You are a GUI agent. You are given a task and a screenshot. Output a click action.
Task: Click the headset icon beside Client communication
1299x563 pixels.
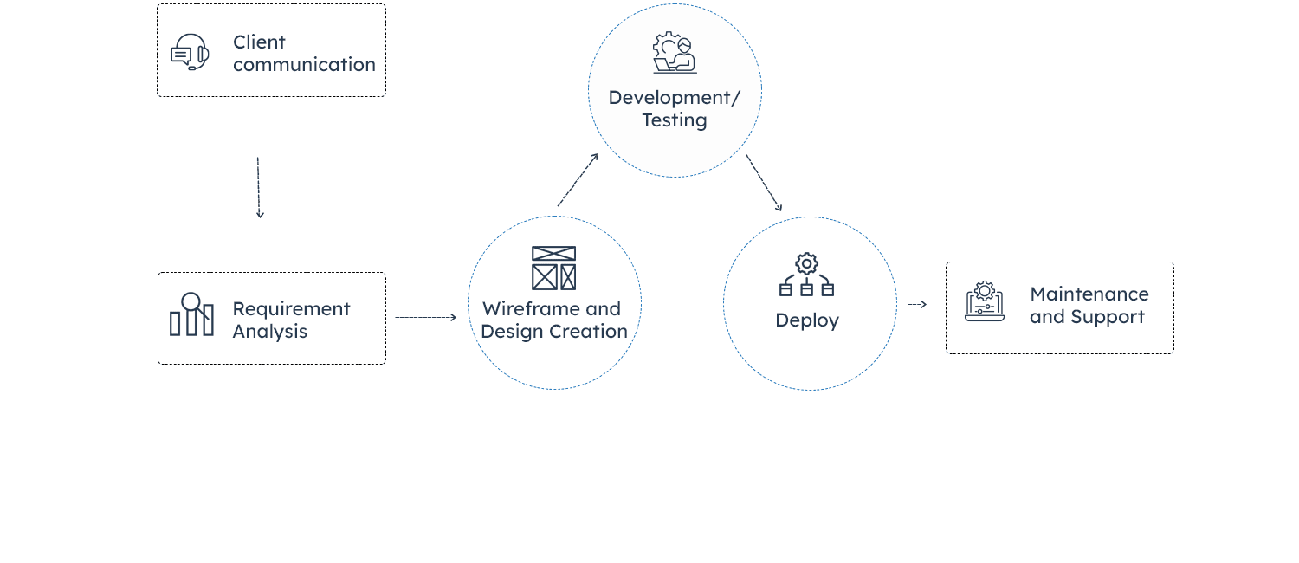(x=190, y=52)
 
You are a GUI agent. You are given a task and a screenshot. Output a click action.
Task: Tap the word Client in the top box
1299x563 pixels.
(x=259, y=42)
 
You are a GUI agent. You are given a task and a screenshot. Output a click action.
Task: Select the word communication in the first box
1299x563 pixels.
(x=304, y=64)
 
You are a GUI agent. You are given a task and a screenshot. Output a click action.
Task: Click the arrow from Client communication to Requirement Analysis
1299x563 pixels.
(x=259, y=187)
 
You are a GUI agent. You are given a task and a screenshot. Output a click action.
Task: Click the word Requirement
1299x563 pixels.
(x=291, y=309)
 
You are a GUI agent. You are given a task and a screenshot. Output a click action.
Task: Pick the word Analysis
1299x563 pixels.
(x=269, y=332)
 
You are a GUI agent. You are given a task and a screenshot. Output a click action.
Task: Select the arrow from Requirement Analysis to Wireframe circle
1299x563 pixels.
(x=425, y=317)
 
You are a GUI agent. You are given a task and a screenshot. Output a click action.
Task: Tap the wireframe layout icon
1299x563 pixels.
(x=553, y=268)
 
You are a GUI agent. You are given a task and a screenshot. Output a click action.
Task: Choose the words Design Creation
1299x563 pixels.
(x=554, y=332)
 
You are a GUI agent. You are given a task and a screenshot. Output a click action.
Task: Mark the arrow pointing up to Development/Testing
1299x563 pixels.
(x=578, y=180)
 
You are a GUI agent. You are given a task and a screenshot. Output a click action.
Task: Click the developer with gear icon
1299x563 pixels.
(x=675, y=53)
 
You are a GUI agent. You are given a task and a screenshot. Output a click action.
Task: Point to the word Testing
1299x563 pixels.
(x=675, y=120)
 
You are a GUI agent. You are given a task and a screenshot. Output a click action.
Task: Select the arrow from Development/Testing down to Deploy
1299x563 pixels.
(x=764, y=183)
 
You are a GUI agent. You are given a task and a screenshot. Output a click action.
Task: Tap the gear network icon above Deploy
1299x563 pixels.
(x=806, y=275)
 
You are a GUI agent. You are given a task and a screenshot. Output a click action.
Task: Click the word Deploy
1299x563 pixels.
(x=807, y=320)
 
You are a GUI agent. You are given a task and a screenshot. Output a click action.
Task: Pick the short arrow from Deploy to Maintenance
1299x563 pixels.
(x=917, y=305)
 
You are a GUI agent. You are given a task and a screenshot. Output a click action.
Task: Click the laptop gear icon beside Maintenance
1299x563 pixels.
(x=985, y=301)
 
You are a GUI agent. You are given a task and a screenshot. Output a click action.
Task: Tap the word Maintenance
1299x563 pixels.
(x=1089, y=294)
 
